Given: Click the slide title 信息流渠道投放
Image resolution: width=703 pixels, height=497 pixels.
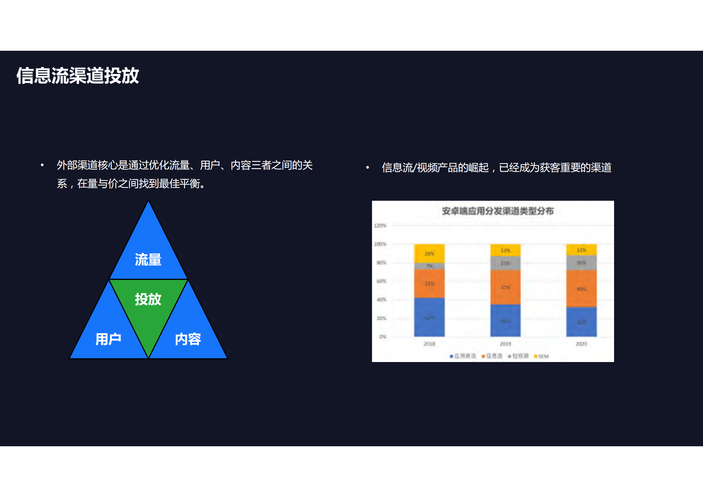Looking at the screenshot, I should tap(78, 75).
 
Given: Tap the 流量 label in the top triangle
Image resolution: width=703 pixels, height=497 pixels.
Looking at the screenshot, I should tap(148, 260).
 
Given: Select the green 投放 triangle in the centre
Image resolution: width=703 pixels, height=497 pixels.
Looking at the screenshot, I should tap(148, 301).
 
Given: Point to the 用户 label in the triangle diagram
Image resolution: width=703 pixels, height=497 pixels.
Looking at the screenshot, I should tap(108, 339).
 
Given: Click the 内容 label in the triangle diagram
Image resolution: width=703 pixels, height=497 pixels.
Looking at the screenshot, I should tap(188, 339).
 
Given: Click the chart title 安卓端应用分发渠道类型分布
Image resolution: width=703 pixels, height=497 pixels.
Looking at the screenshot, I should tap(498, 211).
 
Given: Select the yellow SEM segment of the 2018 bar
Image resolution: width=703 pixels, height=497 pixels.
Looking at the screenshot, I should tap(429, 253).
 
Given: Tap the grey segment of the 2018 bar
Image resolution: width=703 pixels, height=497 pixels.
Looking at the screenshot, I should tap(429, 266).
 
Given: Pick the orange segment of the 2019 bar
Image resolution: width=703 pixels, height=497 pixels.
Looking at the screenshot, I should tap(505, 287).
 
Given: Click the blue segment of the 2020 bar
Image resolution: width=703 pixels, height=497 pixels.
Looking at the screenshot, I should tap(582, 322).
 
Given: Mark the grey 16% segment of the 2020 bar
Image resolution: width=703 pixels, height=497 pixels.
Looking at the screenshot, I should tap(582, 263).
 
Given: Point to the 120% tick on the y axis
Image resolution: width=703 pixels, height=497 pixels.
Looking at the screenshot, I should tap(380, 225).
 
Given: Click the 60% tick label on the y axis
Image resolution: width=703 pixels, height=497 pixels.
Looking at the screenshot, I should tap(381, 281).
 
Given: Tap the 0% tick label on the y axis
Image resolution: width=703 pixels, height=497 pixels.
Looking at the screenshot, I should tap(383, 337).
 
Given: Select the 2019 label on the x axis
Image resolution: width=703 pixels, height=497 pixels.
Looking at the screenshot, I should tap(505, 344).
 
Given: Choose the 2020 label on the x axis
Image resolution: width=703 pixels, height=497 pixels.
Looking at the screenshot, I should tap(582, 344).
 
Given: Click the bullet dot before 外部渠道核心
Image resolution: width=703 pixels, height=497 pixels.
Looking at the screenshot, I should tap(42, 165).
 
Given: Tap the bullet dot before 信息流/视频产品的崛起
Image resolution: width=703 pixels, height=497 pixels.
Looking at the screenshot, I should tap(368, 168).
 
